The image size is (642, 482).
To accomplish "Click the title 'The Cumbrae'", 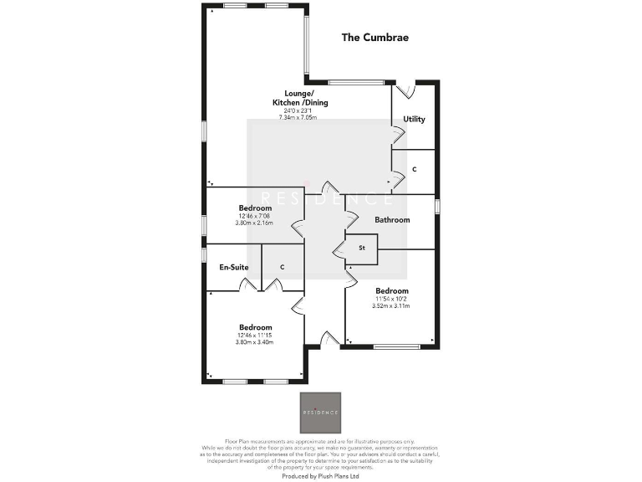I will click(375, 38).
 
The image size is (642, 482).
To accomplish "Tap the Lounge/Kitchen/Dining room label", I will click(300, 98).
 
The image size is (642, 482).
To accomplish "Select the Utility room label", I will click(414, 119).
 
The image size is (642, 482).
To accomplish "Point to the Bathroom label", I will click(392, 220).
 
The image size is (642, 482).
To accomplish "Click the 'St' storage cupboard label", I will click(363, 248).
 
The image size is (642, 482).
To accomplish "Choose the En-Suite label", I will click(234, 267).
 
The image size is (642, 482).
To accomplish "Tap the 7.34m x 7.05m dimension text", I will click(300, 118).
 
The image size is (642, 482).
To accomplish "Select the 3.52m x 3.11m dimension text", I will click(391, 306).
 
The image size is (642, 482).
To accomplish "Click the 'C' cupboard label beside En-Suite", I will click(283, 267).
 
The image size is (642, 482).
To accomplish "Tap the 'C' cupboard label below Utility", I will click(415, 170).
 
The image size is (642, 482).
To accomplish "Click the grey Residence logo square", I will click(321, 413).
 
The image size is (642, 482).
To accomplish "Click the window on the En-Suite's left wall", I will click(204, 254).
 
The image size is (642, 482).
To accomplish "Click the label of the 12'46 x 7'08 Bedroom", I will click(255, 208).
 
